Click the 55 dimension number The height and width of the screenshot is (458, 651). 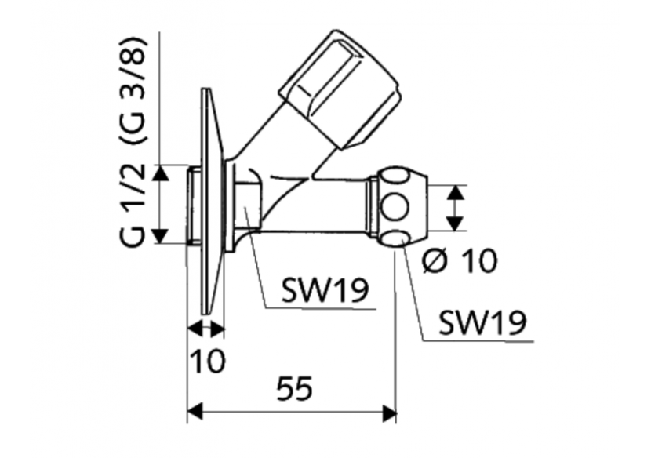pyautogui.click(x=294, y=389)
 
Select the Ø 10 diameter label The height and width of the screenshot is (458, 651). pyautogui.click(x=460, y=261)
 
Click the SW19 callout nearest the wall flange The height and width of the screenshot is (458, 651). pyautogui.click(x=325, y=290)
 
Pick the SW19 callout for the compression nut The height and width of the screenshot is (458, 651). pyautogui.click(x=482, y=322)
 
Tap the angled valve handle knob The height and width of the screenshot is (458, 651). pyautogui.click(x=340, y=89)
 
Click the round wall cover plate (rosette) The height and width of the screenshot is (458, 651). pyautogui.click(x=212, y=201)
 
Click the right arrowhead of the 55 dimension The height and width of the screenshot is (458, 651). pyautogui.click(x=389, y=413)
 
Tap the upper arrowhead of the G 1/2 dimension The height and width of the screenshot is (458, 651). pyautogui.click(x=160, y=173)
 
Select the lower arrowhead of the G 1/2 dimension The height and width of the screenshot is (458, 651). pyautogui.click(x=160, y=236)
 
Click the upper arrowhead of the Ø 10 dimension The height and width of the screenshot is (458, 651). pyautogui.click(x=456, y=193)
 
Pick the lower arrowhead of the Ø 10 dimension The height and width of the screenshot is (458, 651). pyautogui.click(x=456, y=223)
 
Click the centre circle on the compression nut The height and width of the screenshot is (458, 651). pyautogui.click(x=395, y=207)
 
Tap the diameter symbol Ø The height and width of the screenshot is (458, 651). pyautogui.click(x=435, y=261)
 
